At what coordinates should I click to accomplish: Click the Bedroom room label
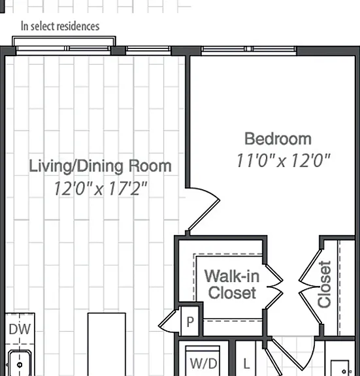(x=278, y=139)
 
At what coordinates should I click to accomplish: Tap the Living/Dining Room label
(x=100, y=166)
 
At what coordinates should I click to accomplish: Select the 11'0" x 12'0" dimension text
(x=284, y=161)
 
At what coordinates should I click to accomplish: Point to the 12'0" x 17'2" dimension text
(x=101, y=188)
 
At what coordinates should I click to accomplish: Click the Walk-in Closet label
(x=232, y=285)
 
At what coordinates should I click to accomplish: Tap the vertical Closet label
(x=324, y=284)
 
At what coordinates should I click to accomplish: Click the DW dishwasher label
(x=20, y=329)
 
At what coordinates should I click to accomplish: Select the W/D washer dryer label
(x=203, y=364)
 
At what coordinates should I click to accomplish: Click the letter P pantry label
(x=190, y=322)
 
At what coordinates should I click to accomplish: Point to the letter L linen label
(x=246, y=364)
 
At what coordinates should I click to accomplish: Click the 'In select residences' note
(x=60, y=26)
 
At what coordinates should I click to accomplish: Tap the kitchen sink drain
(x=20, y=365)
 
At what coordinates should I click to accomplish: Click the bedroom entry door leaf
(x=203, y=215)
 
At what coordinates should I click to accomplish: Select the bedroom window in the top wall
(x=249, y=49)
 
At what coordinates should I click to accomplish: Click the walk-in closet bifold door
(x=274, y=287)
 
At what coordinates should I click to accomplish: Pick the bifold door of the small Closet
(x=310, y=287)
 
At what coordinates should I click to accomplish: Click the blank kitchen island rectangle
(x=106, y=345)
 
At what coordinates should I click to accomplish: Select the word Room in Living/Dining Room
(x=150, y=166)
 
